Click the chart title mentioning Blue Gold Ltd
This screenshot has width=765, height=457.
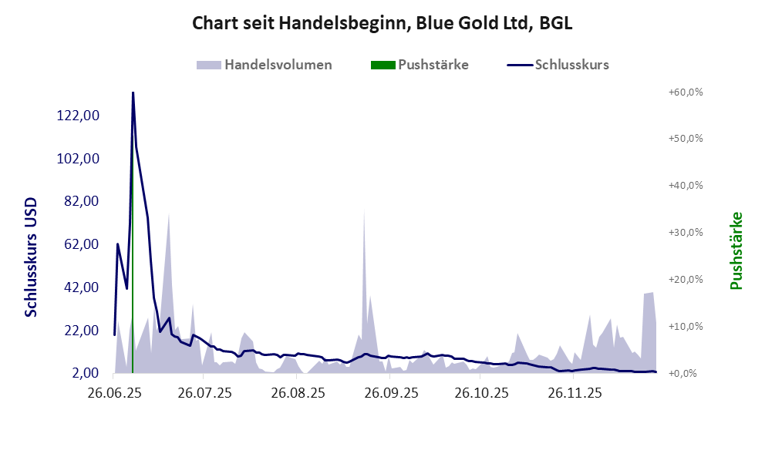(x=382, y=24)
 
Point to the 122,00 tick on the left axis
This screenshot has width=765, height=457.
(x=79, y=116)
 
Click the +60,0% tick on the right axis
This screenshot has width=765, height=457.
(x=684, y=92)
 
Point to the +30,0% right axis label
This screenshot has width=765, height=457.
(x=684, y=232)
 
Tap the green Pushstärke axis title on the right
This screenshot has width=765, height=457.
(x=736, y=250)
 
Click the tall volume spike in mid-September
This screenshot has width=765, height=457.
(x=364, y=213)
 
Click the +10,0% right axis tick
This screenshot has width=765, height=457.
(x=684, y=326)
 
